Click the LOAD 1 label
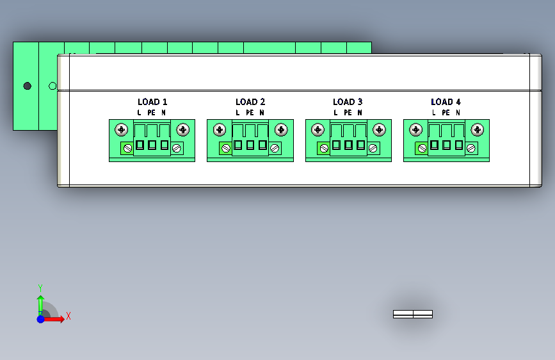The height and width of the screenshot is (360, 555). pos(152,102)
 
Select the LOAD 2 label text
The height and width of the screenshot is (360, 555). pos(250,102)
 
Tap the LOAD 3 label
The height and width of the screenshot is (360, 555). pos(348,102)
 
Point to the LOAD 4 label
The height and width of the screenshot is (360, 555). pos(446,102)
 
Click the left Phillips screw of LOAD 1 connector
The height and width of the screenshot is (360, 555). pos(122,130)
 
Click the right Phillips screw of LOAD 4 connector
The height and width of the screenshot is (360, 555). pos(477,130)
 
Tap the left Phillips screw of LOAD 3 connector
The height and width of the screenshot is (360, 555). pos(318,130)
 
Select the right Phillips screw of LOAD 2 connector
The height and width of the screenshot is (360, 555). pos(280,130)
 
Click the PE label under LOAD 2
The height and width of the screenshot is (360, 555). pos(250,113)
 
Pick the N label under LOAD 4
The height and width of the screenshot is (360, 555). pos(458,113)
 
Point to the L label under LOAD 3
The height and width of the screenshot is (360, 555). pos(335,113)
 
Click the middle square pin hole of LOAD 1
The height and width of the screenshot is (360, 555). pos(152,145)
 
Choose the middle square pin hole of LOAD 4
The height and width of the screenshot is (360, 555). pos(446,145)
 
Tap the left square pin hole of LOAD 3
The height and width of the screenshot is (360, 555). pos(336,145)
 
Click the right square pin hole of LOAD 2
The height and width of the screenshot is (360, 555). pos(262,145)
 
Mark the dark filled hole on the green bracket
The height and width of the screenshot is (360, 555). pos(27,85)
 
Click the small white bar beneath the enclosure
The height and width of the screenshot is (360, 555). pos(412,314)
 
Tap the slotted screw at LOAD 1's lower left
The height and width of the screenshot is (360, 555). pos(127,149)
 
